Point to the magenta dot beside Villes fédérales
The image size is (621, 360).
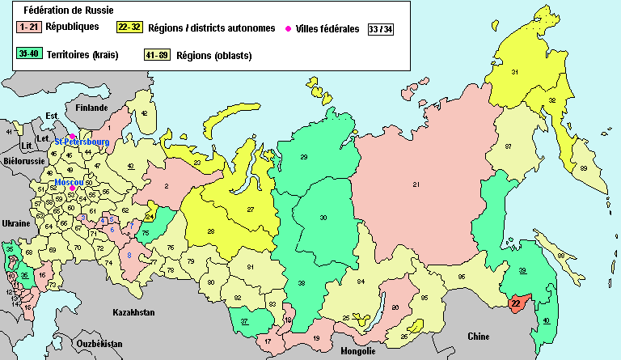point(289,29)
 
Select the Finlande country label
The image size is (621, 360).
point(91,108)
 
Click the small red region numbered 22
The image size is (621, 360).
point(516,303)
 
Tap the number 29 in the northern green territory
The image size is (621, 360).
point(304,156)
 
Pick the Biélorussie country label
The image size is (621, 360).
point(23,161)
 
